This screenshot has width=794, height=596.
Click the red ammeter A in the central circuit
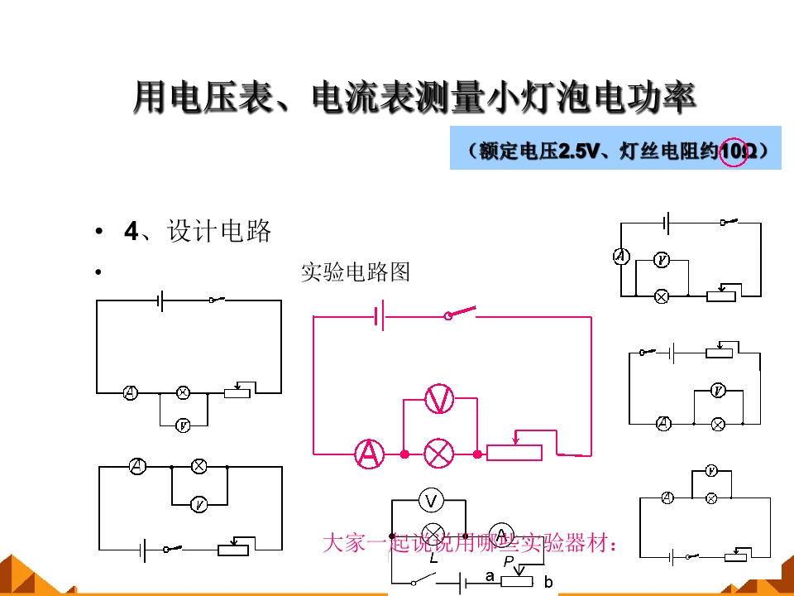tap(369, 454)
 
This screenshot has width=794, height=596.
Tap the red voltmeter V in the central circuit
tap(439, 400)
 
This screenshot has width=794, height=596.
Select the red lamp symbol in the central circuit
tap(439, 454)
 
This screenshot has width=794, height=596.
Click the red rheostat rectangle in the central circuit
tap(514, 452)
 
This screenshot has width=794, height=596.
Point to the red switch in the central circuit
tap(462, 313)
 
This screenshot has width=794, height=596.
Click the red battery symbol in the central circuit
tap(379, 315)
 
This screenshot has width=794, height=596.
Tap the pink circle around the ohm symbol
tap(734, 151)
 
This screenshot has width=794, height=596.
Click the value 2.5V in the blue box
tap(577, 151)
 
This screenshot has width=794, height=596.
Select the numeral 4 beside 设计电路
tap(131, 232)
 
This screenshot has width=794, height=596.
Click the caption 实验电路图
tap(355, 272)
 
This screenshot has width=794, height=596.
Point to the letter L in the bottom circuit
tap(433, 557)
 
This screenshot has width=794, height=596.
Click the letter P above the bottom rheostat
tap(509, 560)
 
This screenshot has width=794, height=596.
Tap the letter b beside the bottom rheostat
tap(548, 582)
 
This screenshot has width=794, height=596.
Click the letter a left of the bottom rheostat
tap(490, 575)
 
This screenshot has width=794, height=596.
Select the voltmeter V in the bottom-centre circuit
tap(430, 500)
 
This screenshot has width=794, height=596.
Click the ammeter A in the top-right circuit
tap(621, 257)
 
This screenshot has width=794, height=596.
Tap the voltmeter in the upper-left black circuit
tap(183, 425)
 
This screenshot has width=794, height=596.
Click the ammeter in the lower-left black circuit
tap(137, 467)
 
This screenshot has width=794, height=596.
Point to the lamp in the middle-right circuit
tap(717, 424)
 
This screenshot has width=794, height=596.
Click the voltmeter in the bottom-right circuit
tap(710, 471)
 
